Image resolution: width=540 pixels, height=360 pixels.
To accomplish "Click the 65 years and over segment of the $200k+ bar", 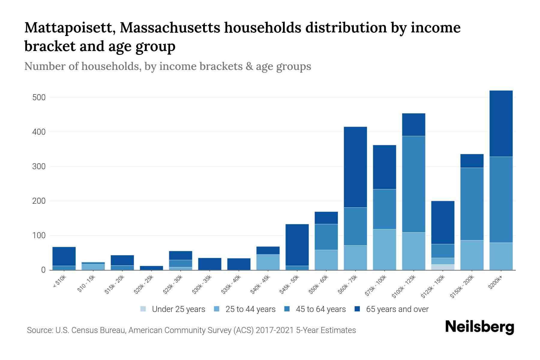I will point(501,124).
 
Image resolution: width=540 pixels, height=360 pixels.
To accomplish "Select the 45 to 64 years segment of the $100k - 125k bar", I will point(413,184).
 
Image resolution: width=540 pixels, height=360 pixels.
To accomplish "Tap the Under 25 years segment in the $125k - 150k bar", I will point(442,267).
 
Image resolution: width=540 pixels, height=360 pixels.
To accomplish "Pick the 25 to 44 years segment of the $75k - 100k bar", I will point(384,249).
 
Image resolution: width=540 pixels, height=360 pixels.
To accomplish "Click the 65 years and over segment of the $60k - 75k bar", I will point(355,167).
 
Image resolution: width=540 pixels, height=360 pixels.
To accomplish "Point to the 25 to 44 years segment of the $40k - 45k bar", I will point(268,262).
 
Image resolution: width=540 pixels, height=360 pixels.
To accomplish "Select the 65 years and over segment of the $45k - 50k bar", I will point(297,245).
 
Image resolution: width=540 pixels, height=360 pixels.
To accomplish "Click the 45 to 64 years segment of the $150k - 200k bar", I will point(472,204).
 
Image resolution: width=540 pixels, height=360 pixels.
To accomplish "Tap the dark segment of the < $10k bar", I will point(64,256).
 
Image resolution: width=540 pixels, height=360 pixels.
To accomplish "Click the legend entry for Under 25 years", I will point(172,309).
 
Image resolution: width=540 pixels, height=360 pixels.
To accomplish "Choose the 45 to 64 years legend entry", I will point(315,309).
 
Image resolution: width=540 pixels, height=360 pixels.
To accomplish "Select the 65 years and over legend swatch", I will point(357,309).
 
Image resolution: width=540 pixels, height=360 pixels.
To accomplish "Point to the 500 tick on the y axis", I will point(39,97).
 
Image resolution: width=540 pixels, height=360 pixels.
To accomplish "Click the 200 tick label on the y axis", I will point(39,201).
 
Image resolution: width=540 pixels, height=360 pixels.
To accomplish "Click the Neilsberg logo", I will point(479,327).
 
